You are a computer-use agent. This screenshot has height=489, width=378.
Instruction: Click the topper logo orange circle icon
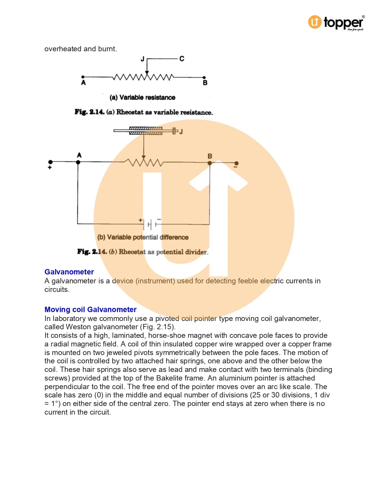point(315,22)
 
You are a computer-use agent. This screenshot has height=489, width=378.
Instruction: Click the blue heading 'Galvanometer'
point(69,272)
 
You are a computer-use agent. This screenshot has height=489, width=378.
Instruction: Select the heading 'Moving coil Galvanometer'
point(90,309)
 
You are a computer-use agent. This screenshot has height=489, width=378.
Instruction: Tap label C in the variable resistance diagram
point(182,59)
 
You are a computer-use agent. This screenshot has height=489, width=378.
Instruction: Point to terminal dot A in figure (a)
point(83,77)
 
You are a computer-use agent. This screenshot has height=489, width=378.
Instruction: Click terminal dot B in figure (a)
point(204,78)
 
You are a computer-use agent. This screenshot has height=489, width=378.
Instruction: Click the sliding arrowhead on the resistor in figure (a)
point(147,72)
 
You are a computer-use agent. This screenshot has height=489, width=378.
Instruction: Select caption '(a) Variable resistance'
point(142,98)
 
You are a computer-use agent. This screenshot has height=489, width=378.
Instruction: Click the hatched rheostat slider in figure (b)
point(146,131)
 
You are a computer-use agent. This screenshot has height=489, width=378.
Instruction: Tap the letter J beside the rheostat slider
point(181,131)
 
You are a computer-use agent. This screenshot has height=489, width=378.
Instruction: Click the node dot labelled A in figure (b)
point(78,162)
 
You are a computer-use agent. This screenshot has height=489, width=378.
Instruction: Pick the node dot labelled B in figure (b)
point(210,163)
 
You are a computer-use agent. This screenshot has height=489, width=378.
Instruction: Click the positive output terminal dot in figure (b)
point(50,162)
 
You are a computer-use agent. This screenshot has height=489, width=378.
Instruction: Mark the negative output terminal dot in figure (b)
point(236,163)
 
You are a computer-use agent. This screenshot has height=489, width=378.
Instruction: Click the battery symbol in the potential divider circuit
point(150,224)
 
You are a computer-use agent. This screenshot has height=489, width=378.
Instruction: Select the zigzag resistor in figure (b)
point(144,162)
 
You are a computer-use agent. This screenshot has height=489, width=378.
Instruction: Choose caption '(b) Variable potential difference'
point(143,237)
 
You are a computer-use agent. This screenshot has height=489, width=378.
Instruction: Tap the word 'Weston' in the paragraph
point(78,327)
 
